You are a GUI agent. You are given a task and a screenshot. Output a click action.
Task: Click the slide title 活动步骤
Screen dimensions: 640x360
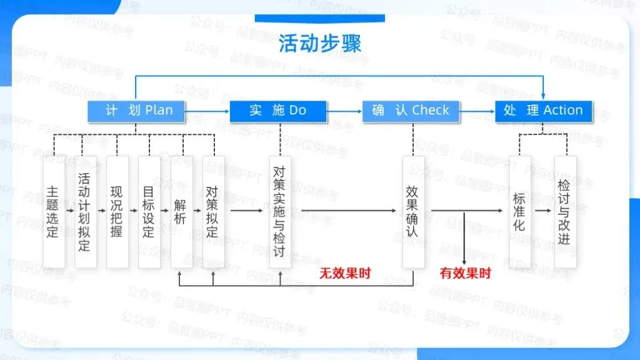(x=319, y=44)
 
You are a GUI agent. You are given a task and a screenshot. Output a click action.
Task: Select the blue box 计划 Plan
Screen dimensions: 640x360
(x=138, y=111)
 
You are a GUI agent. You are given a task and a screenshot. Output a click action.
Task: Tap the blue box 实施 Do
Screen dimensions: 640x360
(x=278, y=111)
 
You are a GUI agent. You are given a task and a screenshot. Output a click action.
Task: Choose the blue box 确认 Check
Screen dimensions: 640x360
(x=411, y=111)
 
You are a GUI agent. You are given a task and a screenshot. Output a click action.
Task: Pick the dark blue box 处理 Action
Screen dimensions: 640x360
(x=543, y=111)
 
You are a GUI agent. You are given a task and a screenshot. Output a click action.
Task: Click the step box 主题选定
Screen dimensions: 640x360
(x=53, y=211)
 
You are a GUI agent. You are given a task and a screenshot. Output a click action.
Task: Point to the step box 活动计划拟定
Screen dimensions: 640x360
(x=85, y=211)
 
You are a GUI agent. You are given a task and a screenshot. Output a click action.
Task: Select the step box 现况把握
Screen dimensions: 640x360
(x=117, y=211)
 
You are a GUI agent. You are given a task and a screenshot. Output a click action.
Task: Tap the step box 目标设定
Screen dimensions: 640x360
(x=149, y=211)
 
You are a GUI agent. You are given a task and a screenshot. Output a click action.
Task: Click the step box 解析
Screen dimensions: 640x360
(x=181, y=211)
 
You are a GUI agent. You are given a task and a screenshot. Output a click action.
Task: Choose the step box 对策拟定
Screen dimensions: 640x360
(x=212, y=211)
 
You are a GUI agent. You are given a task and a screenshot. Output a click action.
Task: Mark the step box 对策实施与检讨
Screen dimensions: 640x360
(x=280, y=211)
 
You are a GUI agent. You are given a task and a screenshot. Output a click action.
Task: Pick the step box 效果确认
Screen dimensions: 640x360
(x=412, y=211)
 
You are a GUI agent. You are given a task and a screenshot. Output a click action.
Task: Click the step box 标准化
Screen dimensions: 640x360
(x=519, y=211)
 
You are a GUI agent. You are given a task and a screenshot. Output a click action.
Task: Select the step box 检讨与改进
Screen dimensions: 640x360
(x=565, y=211)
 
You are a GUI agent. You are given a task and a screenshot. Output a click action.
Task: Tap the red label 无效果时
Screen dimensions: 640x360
(x=345, y=273)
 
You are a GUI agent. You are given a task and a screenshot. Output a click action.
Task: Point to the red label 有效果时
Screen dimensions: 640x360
(x=466, y=273)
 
